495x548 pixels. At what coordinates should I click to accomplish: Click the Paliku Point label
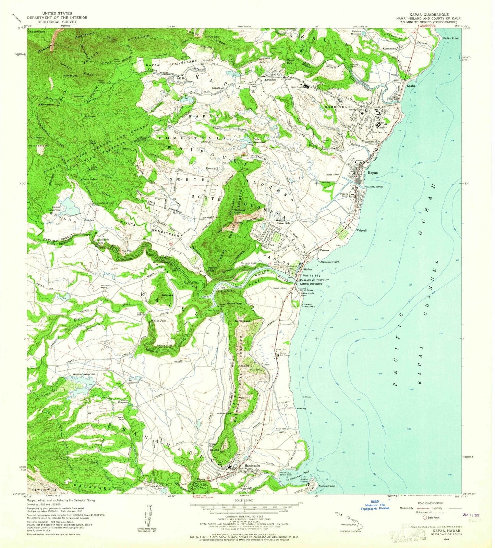point(450,38)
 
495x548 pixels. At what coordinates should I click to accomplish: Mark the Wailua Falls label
point(159,321)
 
